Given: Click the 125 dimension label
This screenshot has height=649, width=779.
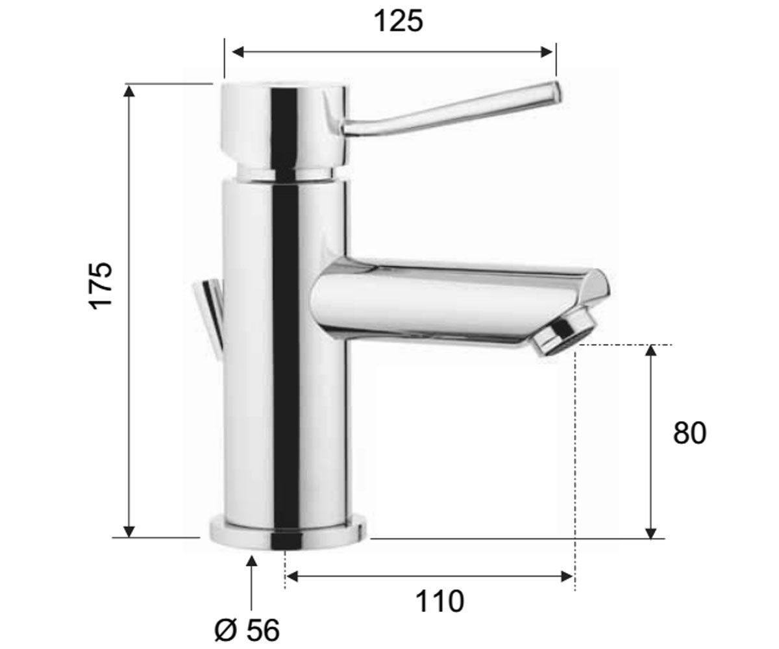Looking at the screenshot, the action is pos(399,21).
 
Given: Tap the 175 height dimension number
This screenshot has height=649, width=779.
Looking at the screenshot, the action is pos(101,286).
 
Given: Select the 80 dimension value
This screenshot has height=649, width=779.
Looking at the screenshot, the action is pos(689,433).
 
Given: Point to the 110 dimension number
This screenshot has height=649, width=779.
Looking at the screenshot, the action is pos(439,601).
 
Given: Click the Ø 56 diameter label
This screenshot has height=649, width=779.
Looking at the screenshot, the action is pos(247,630).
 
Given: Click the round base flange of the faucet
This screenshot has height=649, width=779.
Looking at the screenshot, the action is pos(288,533).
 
